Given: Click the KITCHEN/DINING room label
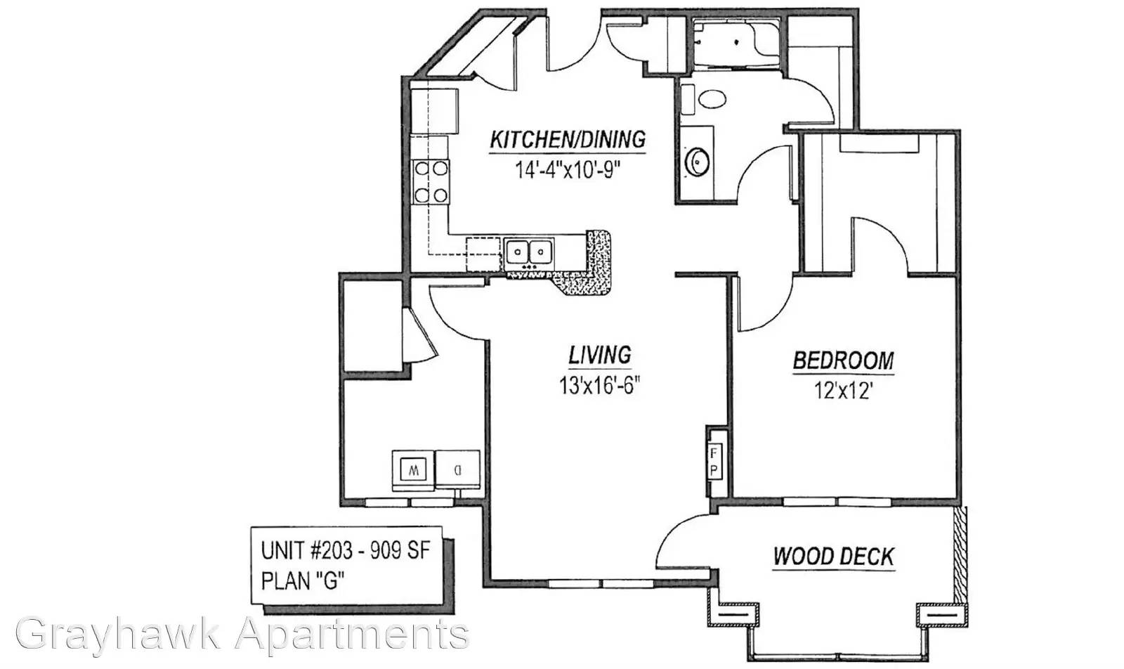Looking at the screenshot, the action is [x=568, y=140].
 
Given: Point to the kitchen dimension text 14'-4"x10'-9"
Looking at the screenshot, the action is [x=568, y=170].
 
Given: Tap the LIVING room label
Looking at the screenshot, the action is [x=600, y=356].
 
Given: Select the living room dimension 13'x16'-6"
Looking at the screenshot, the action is [x=600, y=385].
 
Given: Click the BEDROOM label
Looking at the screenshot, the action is [x=844, y=361].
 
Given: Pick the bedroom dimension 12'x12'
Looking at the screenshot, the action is [x=842, y=391].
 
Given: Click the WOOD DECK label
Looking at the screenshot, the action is [x=833, y=557].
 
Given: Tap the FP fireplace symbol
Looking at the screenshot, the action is [x=714, y=462].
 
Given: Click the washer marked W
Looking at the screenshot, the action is [x=413, y=471].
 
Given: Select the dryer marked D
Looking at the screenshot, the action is [x=457, y=469].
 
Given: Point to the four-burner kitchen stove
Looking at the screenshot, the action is [x=431, y=182].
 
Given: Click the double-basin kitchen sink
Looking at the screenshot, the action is [x=529, y=251].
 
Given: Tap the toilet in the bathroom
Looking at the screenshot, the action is [x=705, y=99].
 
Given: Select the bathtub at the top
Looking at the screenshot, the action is [x=736, y=42].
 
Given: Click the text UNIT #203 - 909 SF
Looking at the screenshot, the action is [x=346, y=550].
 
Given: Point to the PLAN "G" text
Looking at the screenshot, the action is [x=303, y=580].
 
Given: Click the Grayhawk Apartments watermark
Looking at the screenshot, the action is [x=243, y=635].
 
